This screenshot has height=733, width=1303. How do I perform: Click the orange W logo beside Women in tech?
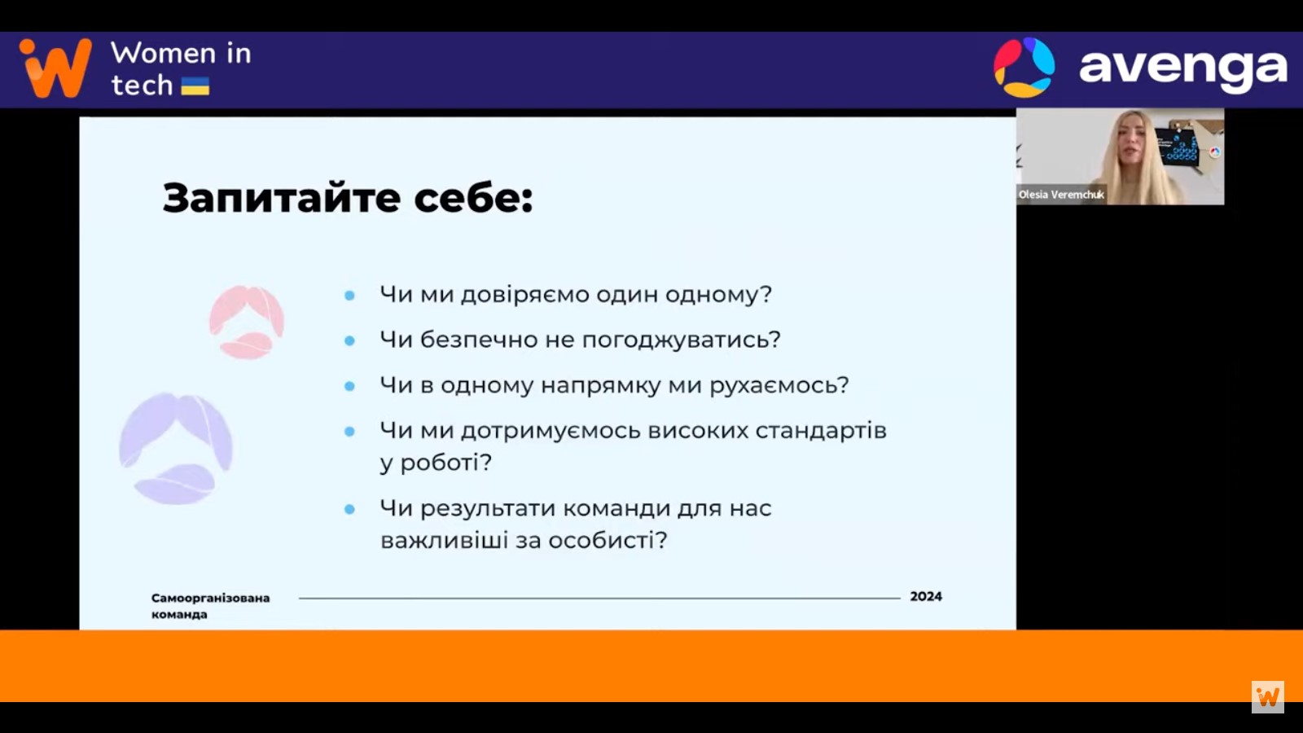point(56,68)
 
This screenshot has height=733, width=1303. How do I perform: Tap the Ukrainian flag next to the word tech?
point(195,86)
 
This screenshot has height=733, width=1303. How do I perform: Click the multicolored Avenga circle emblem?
point(1024,67)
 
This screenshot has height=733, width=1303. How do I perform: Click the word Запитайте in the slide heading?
point(282,198)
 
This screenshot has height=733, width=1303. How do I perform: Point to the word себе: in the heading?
point(473,199)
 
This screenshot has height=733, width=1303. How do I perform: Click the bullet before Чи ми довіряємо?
point(349,296)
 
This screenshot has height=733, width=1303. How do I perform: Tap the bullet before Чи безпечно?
point(349,341)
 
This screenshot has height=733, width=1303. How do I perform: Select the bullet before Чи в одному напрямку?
point(349,386)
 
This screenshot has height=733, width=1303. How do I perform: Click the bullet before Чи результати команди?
point(349,510)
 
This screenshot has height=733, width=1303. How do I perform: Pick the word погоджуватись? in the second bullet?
point(681,340)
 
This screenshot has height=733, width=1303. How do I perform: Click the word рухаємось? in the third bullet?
point(779,386)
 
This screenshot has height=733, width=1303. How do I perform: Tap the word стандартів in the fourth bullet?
point(821,431)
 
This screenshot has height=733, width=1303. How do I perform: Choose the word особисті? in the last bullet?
point(608,541)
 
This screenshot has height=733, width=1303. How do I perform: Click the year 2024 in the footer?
point(926,596)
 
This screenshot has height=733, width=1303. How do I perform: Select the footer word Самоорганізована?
point(211,598)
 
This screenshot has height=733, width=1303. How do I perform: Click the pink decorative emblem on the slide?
point(247,322)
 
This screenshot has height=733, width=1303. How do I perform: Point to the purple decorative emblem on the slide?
point(176,448)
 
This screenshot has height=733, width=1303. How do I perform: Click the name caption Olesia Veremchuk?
point(1061,195)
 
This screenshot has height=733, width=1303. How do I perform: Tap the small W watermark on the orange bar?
point(1267,697)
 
